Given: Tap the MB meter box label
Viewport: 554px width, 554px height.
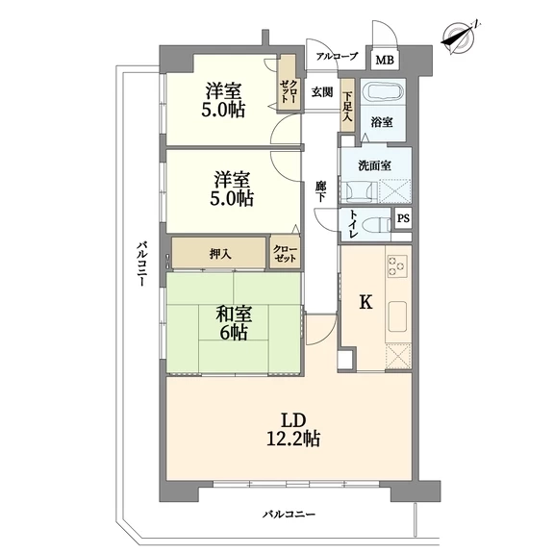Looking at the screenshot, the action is tap(385, 61).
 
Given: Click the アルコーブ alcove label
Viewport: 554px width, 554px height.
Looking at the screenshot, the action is tap(337, 56).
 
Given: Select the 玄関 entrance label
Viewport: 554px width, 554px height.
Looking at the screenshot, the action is tap(322, 92).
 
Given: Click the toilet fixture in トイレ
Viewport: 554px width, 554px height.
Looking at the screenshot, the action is tap(380, 224).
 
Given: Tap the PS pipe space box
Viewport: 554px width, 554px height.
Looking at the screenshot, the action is tap(403, 218).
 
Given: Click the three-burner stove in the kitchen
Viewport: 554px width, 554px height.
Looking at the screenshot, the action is tap(397, 265).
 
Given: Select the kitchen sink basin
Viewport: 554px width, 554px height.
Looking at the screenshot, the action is tap(398, 316).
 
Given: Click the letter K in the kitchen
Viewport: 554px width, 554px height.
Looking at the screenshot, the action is tap(365, 302).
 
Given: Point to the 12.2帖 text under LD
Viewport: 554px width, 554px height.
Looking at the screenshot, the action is tap(293, 439).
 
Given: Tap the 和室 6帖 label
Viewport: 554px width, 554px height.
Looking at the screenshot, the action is tap(234, 323).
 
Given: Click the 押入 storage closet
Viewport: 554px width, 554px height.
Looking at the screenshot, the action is tap(218, 253).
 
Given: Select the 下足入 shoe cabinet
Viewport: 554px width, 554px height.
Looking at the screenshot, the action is tap(348, 105).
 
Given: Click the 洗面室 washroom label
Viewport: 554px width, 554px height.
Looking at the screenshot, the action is tap(374, 165).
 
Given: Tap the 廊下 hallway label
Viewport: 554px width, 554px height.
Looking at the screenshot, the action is tap(321, 191).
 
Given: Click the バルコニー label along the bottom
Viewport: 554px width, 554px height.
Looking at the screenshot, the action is tap(289, 514).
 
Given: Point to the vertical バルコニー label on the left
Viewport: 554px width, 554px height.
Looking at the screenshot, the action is tap(141, 264).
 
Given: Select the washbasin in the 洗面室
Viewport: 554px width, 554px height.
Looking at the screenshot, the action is tap(358, 191).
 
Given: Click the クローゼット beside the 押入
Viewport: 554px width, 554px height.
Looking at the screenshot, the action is tap(285, 253).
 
